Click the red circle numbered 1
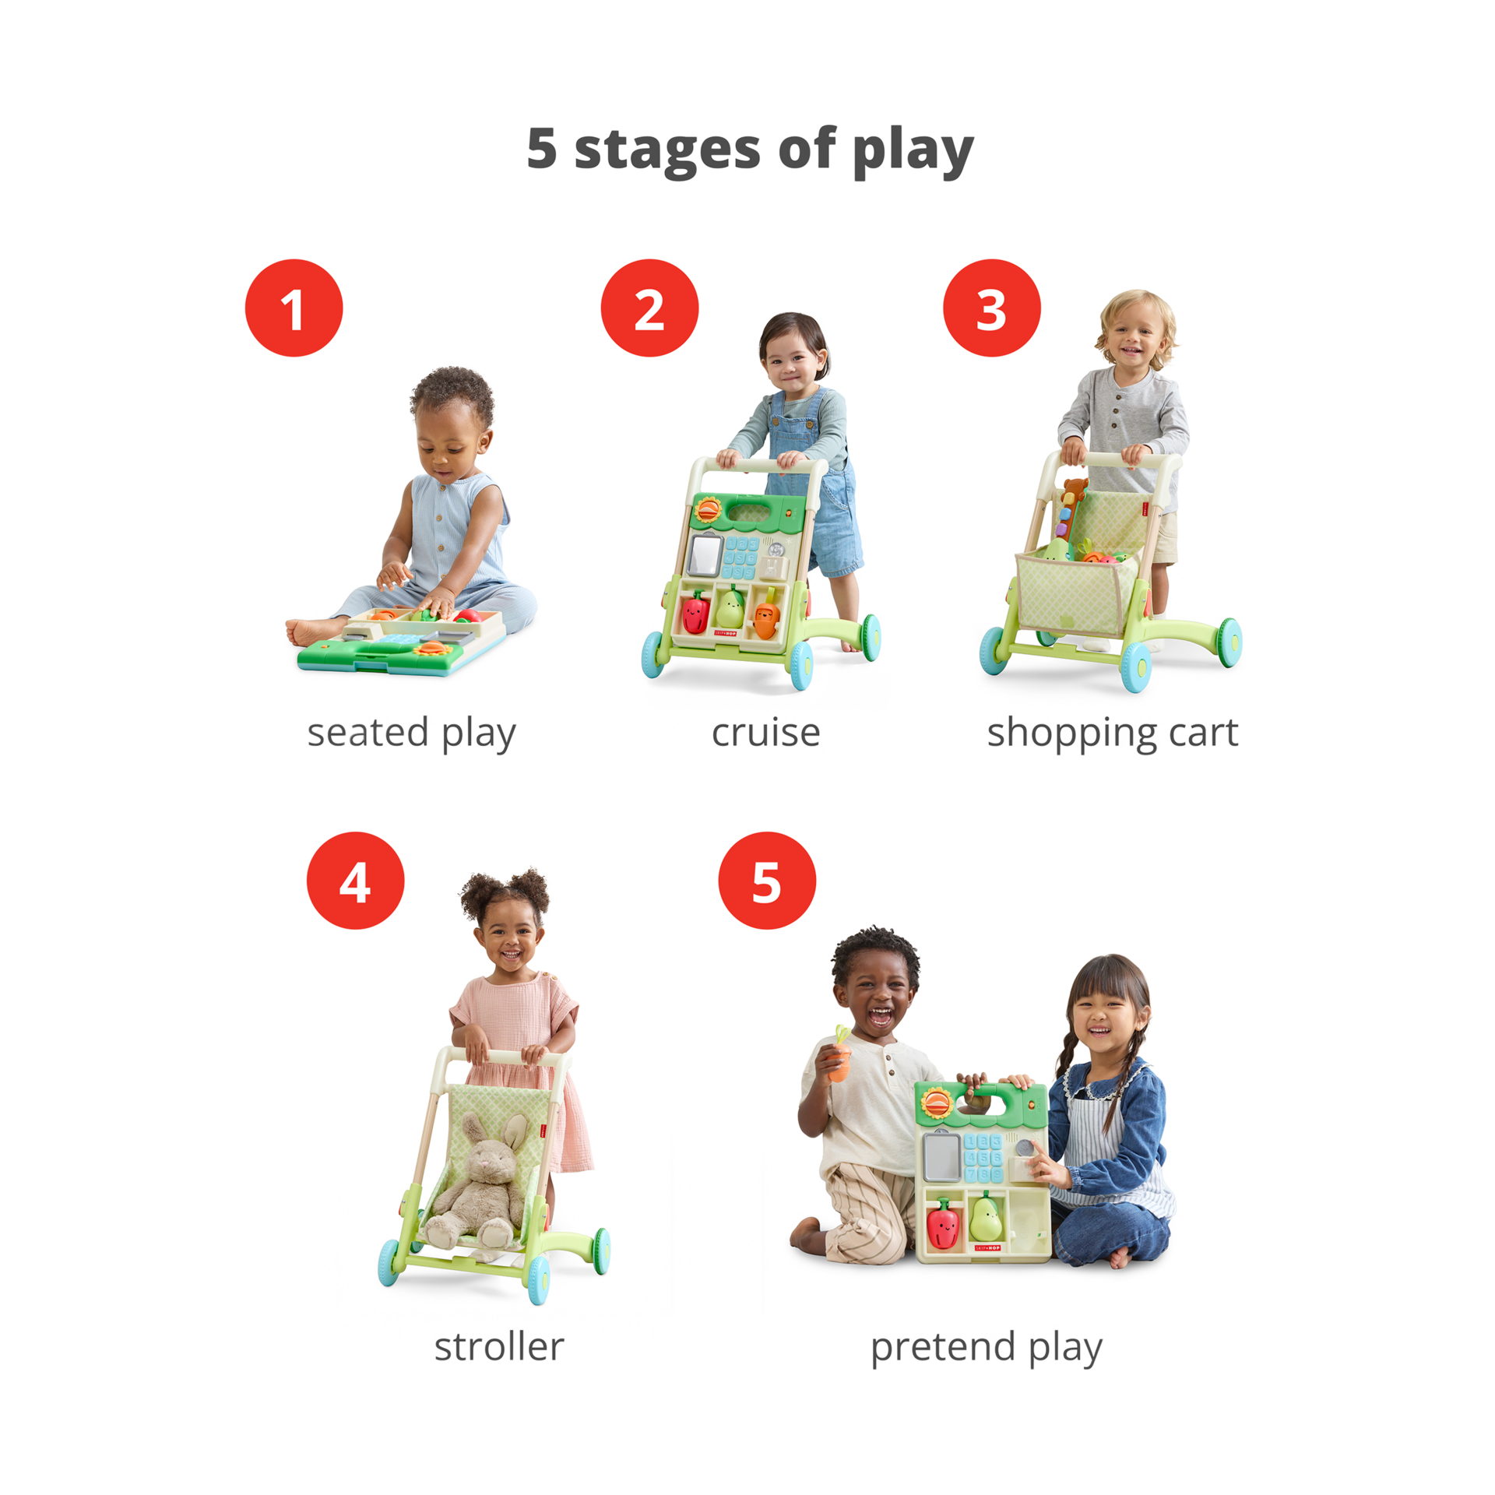294,308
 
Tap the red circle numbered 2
649,308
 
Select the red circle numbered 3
991,308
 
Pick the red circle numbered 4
355,880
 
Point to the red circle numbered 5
767,880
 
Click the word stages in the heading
667,149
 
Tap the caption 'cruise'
765,733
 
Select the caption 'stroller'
499,1346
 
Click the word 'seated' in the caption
368,733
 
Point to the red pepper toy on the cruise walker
695,611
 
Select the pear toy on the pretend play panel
986,1219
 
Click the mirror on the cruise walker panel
705,554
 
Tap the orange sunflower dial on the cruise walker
708,510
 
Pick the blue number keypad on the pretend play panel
983,1158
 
